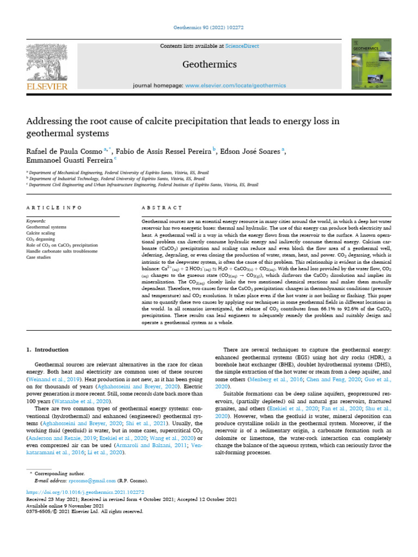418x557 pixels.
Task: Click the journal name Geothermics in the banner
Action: coord(209,65)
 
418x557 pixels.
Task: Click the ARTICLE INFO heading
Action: coord(54,208)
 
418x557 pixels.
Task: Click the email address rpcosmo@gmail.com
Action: coord(92,481)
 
